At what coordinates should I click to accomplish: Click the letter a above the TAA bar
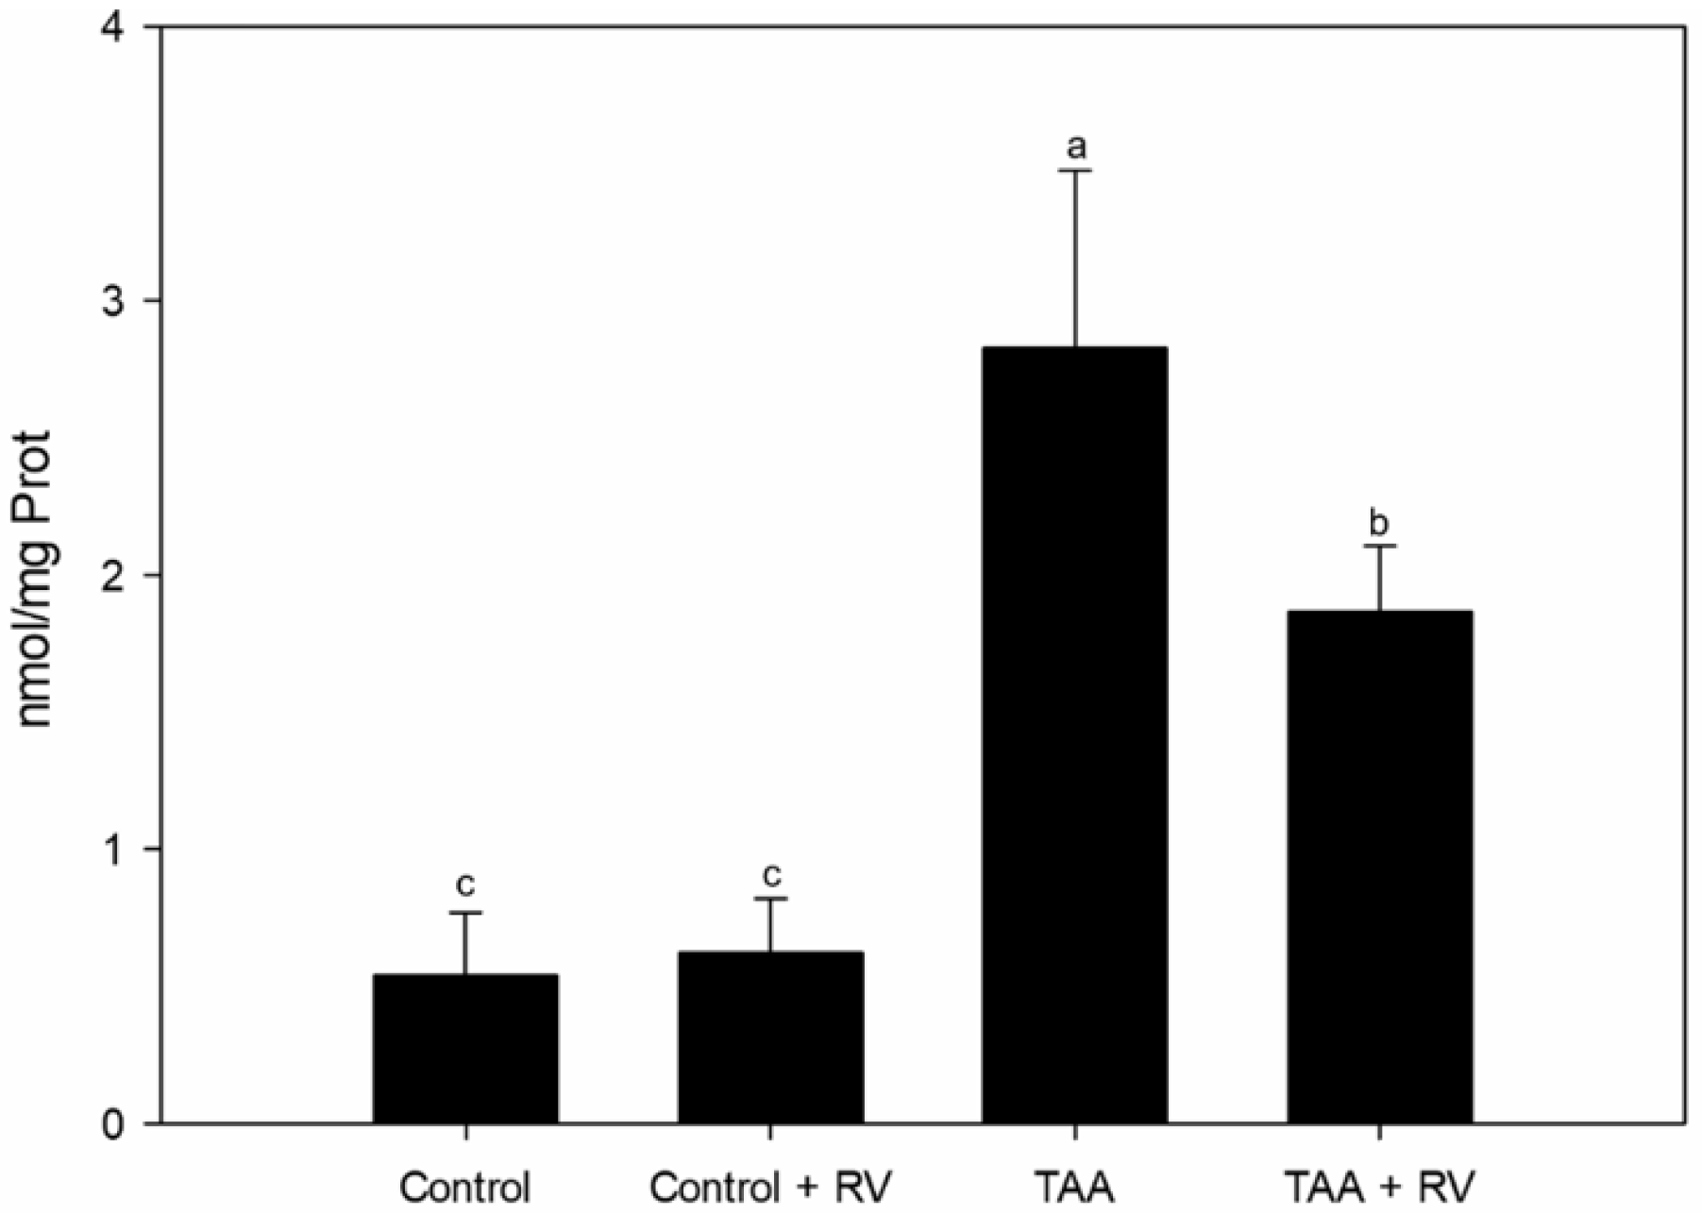click(x=1075, y=147)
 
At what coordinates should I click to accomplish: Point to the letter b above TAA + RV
click(x=1380, y=522)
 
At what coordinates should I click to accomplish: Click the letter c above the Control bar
click(x=465, y=886)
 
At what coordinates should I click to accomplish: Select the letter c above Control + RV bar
click(x=771, y=874)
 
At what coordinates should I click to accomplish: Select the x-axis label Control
click(x=465, y=1186)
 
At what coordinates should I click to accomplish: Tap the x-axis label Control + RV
click(x=770, y=1186)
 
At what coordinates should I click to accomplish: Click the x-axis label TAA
click(x=1075, y=1186)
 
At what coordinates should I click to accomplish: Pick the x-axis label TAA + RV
click(x=1380, y=1186)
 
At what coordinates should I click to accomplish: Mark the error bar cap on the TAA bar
click(x=1075, y=171)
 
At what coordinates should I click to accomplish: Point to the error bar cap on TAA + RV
click(x=1380, y=546)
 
